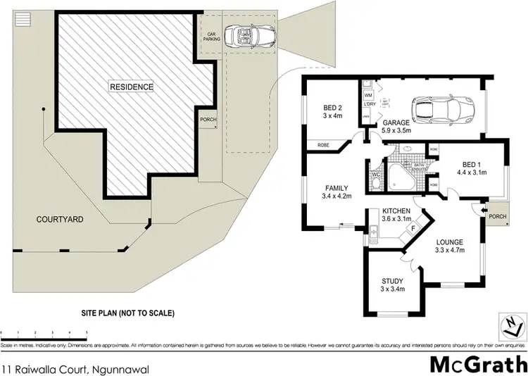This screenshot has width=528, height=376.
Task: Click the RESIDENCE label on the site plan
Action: pyautogui.click(x=131, y=87)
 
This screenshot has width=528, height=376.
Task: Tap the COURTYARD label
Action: pyautogui.click(x=60, y=220)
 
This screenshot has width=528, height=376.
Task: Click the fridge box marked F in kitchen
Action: pyautogui.click(x=413, y=227)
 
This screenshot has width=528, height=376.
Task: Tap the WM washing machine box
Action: pyautogui.click(x=367, y=94)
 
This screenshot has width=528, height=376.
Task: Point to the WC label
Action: pyautogui.click(x=375, y=175)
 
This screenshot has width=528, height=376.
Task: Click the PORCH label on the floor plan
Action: pyautogui.click(x=497, y=216)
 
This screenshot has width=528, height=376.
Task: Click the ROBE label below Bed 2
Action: pyautogui.click(x=324, y=145)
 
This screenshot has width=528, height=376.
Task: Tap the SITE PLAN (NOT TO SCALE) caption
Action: pyautogui.click(x=127, y=313)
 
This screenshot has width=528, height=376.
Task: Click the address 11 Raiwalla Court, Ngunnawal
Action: pyautogui.click(x=75, y=349)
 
